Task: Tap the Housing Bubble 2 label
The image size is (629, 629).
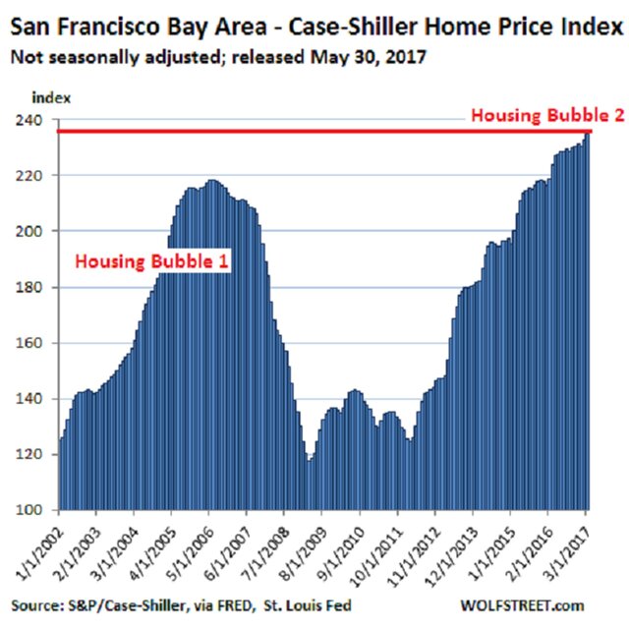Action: [547, 115]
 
